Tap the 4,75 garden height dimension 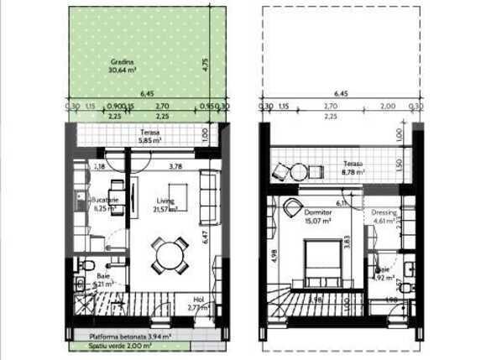(206, 63)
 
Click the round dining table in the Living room (170, 254)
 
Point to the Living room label (165, 200)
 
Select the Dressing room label (384, 213)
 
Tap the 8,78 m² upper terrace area (353, 172)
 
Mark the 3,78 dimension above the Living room (175, 167)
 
